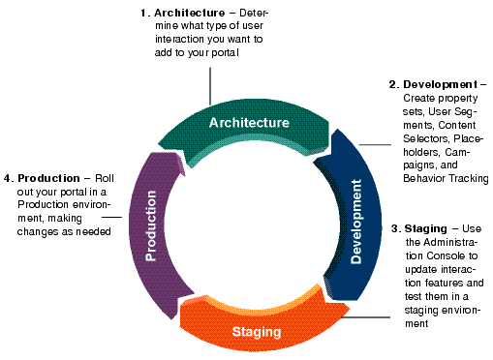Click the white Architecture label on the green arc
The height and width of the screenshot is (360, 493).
click(249, 123)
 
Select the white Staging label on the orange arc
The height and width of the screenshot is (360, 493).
click(257, 332)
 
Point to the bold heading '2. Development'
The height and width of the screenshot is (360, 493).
click(433, 85)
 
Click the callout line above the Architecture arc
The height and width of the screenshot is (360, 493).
click(209, 89)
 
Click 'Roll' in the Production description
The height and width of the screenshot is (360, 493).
click(104, 178)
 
